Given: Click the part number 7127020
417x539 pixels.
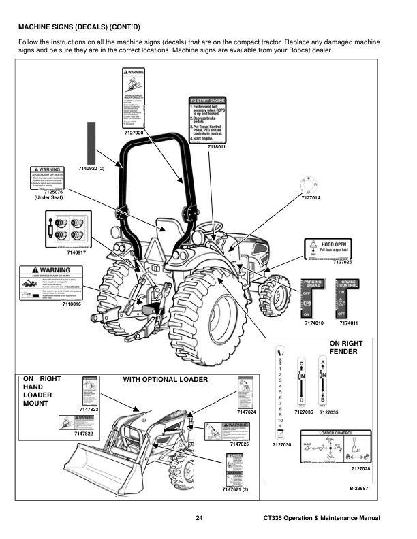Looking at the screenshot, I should click(x=134, y=132).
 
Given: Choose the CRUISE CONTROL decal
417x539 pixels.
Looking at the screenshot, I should click(x=349, y=297).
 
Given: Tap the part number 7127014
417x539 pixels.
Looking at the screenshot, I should click(x=310, y=197).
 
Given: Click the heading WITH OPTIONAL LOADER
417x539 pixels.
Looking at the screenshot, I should click(x=164, y=379).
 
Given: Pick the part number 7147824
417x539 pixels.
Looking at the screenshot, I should click(x=247, y=412).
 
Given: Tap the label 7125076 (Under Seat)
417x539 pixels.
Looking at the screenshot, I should click(x=48, y=195).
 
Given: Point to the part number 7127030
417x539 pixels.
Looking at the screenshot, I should click(x=281, y=444).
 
